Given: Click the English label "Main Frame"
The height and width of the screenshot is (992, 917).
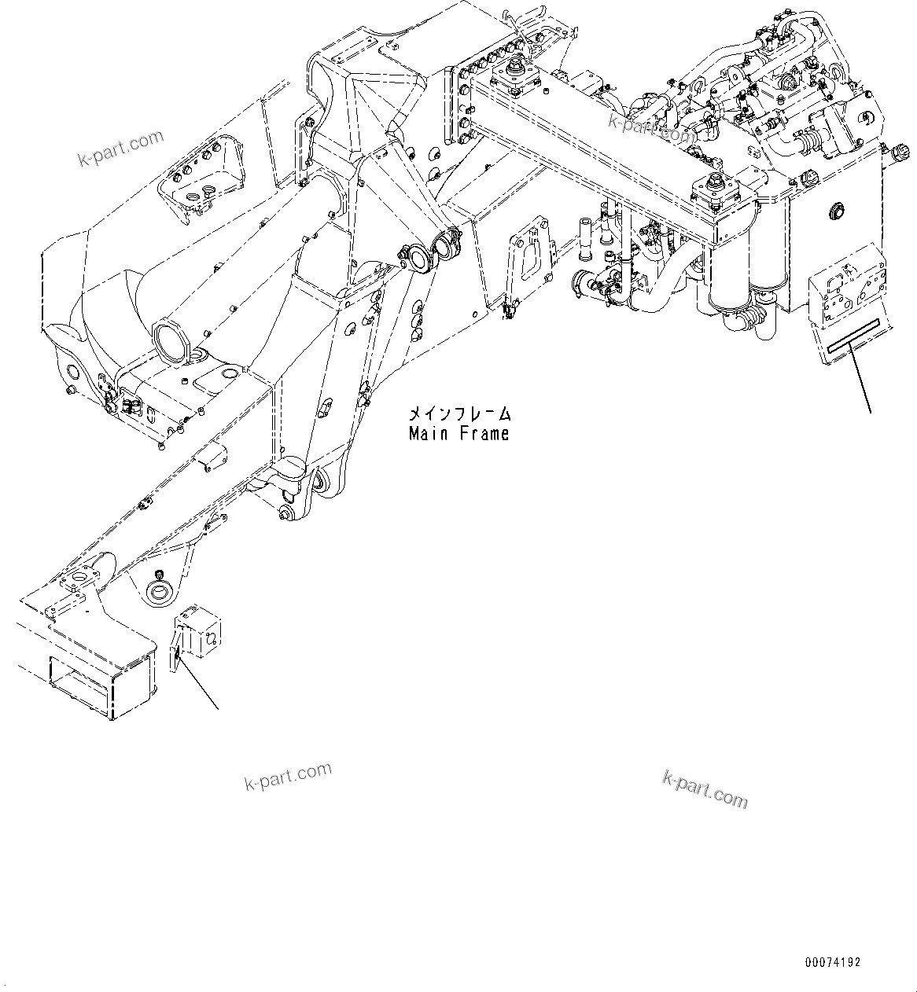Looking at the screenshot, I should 458,433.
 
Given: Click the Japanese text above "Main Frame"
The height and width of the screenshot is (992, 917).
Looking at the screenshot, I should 458,413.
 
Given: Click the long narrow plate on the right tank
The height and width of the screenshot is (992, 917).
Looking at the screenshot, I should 848,345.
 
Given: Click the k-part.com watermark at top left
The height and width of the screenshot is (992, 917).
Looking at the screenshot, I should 120,149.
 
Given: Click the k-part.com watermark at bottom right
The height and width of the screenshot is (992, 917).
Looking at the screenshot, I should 705,788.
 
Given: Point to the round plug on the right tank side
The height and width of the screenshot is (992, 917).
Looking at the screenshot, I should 834,211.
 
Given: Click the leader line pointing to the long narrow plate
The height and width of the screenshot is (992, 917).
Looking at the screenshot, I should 859,380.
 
